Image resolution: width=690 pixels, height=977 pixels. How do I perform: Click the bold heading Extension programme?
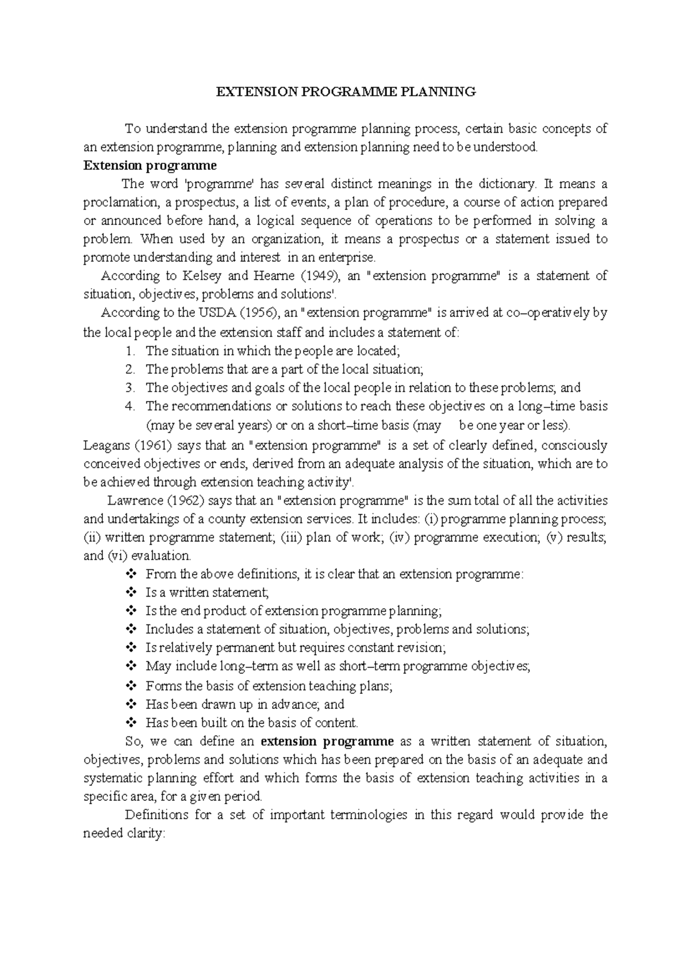pyautogui.click(x=150, y=166)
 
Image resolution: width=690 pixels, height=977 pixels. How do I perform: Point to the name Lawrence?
pyautogui.click(x=132, y=501)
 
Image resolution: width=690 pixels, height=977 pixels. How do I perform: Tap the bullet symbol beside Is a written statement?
pyautogui.click(x=131, y=592)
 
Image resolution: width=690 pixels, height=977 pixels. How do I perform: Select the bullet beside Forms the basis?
pyautogui.click(x=131, y=685)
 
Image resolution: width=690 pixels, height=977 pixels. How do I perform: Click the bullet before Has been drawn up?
pyautogui.click(x=131, y=704)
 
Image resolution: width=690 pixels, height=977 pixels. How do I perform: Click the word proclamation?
pyautogui.click(x=120, y=203)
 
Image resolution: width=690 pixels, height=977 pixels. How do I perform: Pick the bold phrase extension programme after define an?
pyautogui.click(x=327, y=741)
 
